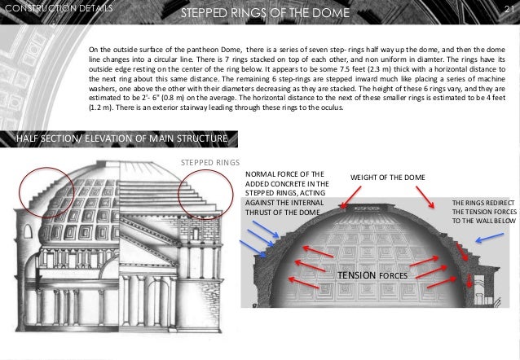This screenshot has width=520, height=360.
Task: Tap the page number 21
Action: pyautogui.click(x=506, y=8)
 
